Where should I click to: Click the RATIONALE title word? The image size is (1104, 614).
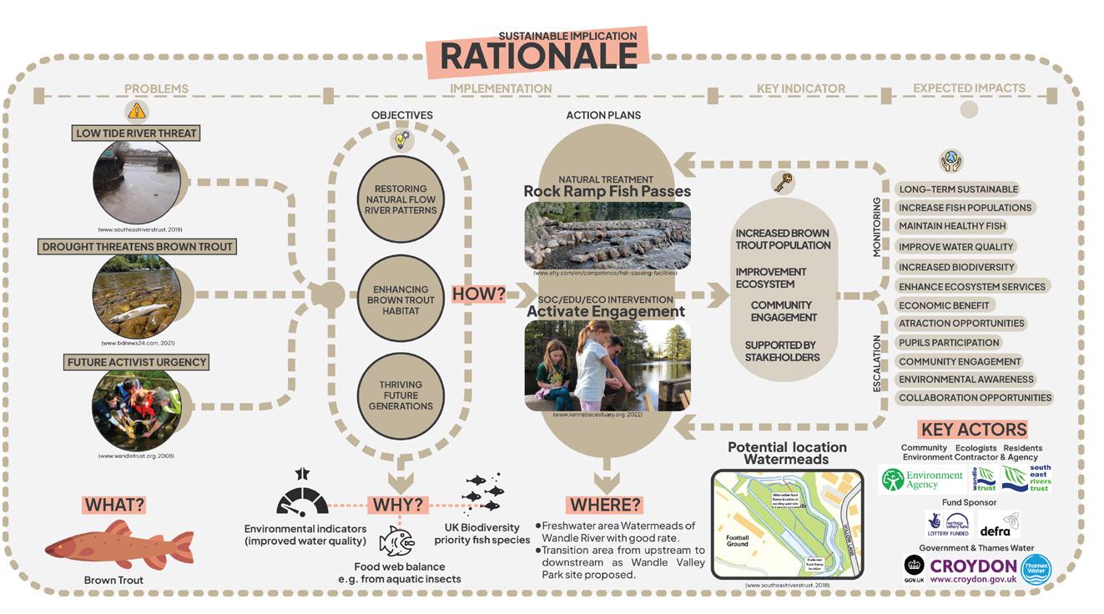tap(538, 56)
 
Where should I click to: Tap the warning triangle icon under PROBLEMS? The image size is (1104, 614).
tap(137, 110)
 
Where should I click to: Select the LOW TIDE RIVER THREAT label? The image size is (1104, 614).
tap(137, 133)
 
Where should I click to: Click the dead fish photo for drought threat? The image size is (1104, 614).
tap(137, 294)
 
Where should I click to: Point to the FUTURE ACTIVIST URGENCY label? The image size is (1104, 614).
tap(136, 362)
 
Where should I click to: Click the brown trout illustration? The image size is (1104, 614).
tap(119, 548)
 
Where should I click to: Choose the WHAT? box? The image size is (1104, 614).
tap(113, 505)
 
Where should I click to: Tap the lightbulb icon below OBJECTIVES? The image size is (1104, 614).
tap(401, 140)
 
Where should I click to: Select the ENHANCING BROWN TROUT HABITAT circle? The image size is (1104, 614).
tap(401, 299)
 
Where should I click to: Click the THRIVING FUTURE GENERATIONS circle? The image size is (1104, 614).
tap(401, 395)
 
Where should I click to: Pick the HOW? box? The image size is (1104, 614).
tap(480, 294)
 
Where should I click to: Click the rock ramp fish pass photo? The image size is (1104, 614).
tap(607, 235)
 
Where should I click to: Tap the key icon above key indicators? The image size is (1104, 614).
tap(783, 182)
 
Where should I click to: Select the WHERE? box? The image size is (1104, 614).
tap(605, 505)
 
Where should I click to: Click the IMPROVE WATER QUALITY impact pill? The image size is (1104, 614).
tap(955, 247)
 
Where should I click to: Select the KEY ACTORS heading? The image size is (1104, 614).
tap(973, 430)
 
